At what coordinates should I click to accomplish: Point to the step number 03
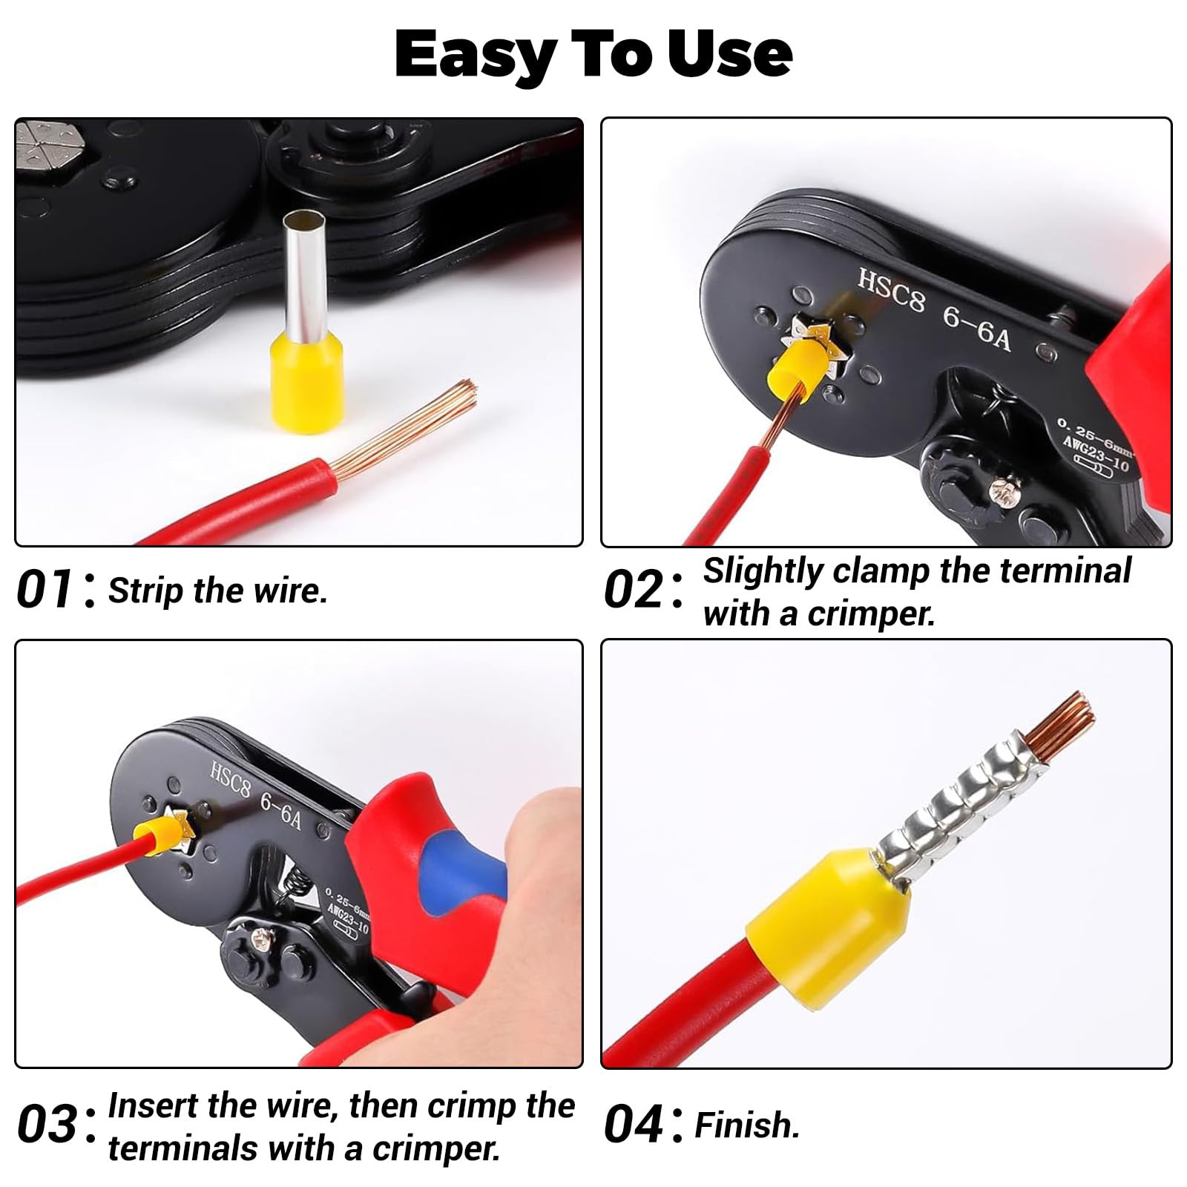coord(45,1123)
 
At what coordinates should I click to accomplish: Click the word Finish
coord(747,1125)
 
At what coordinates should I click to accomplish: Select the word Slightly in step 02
coord(763,572)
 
